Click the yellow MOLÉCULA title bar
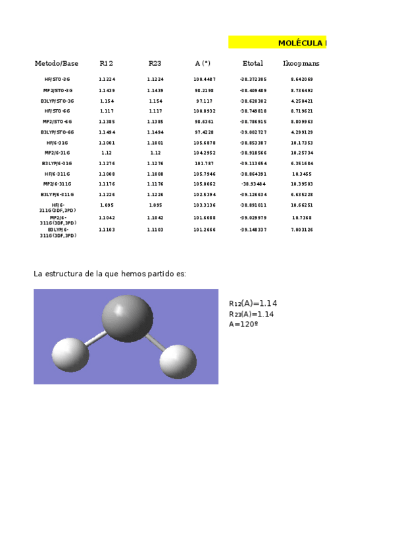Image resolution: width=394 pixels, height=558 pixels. click(278, 43)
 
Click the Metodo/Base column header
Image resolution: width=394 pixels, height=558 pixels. click(57, 64)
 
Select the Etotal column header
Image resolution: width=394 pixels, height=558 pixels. click(253, 64)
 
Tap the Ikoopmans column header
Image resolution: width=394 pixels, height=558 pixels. click(301, 64)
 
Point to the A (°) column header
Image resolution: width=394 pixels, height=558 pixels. click(203, 64)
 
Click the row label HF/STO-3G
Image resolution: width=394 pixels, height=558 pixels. click(57, 80)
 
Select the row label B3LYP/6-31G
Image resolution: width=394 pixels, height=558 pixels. click(57, 163)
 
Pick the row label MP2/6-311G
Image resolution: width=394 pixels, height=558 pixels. click(57, 184)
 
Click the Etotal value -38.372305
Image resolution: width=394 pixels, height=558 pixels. click(253, 80)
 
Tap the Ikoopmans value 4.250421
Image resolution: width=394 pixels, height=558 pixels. click(302, 101)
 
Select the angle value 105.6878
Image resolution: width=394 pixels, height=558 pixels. click(205, 143)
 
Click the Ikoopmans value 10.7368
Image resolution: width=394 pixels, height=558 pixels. click(302, 218)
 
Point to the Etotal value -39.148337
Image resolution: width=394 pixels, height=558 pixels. click(253, 230)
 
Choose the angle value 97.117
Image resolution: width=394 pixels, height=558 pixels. click(205, 101)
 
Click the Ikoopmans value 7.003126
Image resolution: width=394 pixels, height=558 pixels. click(302, 230)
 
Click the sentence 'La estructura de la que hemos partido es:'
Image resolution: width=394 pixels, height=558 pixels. click(110, 274)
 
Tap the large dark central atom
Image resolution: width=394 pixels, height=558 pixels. click(127, 318)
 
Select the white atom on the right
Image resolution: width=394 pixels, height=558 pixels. click(178, 361)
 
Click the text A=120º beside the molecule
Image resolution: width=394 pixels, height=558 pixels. click(243, 324)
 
